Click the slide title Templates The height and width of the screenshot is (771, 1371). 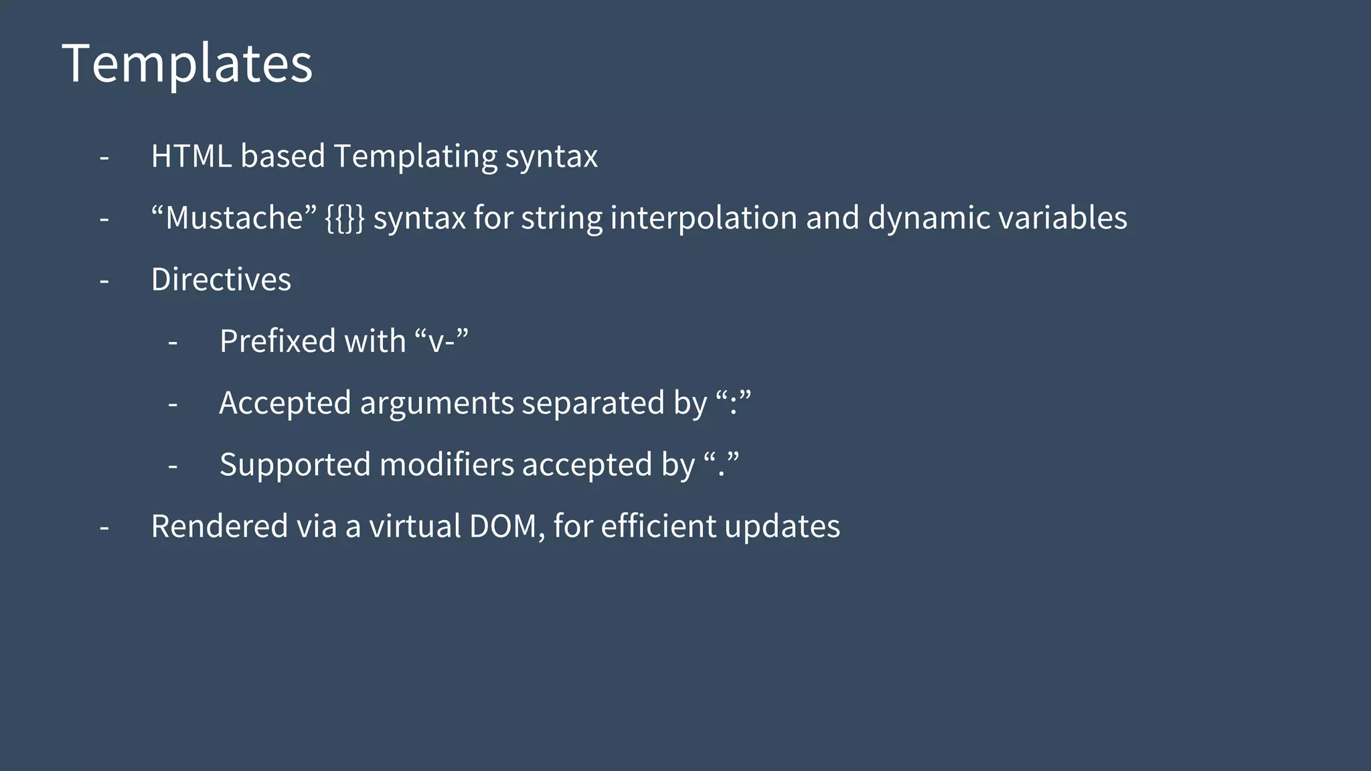click(x=187, y=64)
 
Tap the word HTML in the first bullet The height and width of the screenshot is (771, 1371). click(x=191, y=156)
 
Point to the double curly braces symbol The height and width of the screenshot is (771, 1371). click(x=345, y=218)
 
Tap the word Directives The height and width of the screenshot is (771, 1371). click(x=221, y=280)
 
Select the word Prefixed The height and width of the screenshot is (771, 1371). click(x=277, y=341)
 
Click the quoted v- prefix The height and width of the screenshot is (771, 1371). click(x=441, y=341)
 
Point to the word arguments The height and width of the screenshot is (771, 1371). click(x=436, y=404)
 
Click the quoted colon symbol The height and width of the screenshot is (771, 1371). click(x=733, y=403)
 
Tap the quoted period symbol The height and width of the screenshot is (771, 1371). click(x=721, y=464)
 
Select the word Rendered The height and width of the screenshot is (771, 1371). click(x=219, y=526)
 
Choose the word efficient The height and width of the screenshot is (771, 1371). click(x=658, y=526)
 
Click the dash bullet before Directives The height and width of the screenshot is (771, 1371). click(x=104, y=281)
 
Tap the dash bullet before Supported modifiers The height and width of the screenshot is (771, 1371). click(x=173, y=466)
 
